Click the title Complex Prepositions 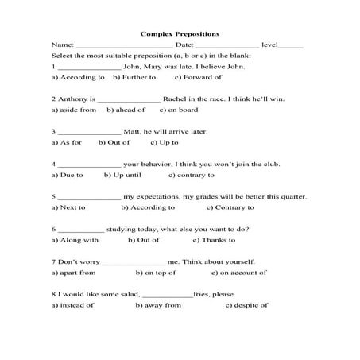180,35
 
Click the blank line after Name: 122,47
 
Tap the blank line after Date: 226,47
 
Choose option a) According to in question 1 77,78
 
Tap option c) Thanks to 216,239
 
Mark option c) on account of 226,272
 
